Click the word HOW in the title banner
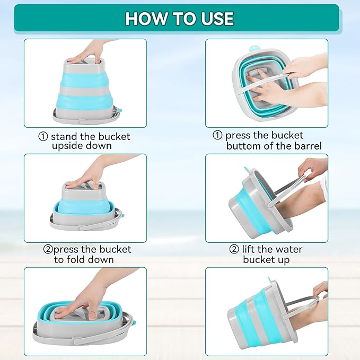(146, 19)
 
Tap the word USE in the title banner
(217, 19)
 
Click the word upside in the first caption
(67, 146)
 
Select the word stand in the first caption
(64, 137)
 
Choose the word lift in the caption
(248, 249)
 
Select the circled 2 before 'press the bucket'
(48, 249)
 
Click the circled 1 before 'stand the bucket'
(43, 137)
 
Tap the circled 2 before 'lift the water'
(234, 249)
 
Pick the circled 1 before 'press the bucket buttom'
(217, 135)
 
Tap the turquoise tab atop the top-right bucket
(253, 49)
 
